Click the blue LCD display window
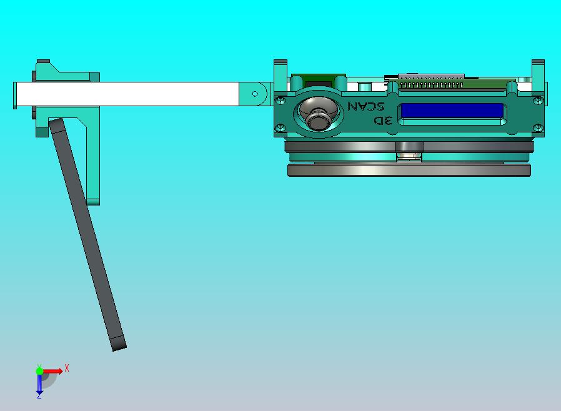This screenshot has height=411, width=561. pos(452,111)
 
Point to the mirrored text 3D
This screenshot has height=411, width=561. pos(382,121)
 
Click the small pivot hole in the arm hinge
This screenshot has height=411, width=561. pos(255,94)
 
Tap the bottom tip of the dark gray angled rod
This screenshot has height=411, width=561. pos(119,344)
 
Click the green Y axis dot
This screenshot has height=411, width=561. pos(39,371)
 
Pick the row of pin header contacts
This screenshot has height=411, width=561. pos(431,84)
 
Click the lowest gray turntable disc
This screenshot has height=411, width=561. pos(409,170)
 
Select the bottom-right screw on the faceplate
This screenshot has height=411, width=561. pos(538,127)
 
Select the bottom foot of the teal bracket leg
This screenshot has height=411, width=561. pos(93,201)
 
